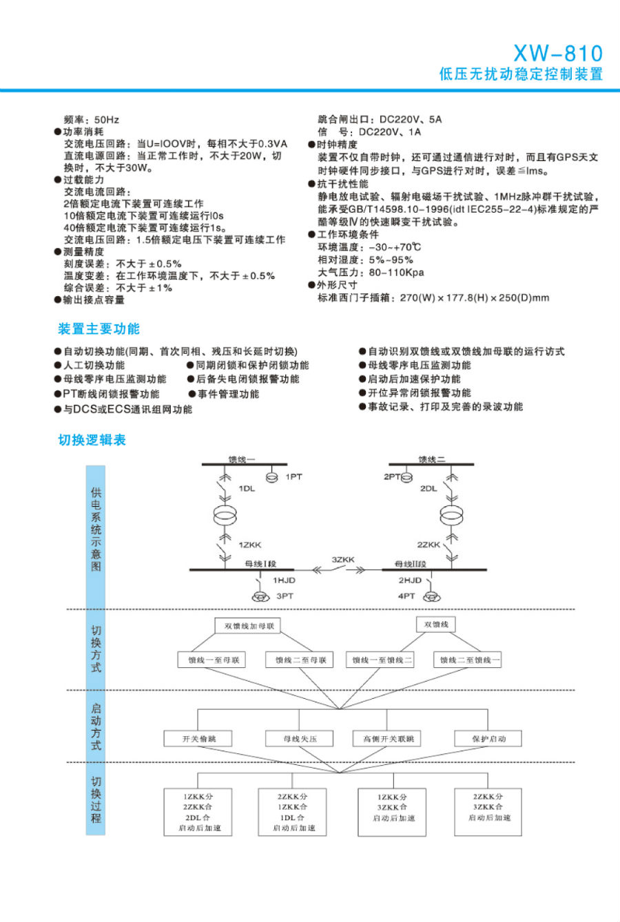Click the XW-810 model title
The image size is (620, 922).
(x=557, y=53)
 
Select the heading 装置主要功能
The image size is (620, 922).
(x=99, y=328)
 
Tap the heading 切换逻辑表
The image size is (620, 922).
(x=92, y=440)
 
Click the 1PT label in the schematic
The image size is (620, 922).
(x=293, y=476)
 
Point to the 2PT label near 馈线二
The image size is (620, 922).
(x=392, y=476)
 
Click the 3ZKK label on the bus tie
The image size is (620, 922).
(x=342, y=560)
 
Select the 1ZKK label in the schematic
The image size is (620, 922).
(x=250, y=545)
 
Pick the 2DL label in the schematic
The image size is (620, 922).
(x=428, y=488)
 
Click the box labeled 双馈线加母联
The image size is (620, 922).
(x=249, y=626)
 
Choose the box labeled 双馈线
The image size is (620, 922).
(x=436, y=625)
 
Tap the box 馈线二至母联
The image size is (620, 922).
(x=300, y=660)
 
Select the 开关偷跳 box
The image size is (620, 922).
(x=198, y=739)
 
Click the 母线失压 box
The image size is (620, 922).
(x=300, y=739)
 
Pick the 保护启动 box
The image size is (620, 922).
(x=488, y=739)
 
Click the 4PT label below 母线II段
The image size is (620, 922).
(x=406, y=596)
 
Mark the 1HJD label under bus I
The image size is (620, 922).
(x=284, y=580)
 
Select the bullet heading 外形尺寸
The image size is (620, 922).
(x=337, y=285)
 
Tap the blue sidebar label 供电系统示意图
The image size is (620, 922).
(x=96, y=529)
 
